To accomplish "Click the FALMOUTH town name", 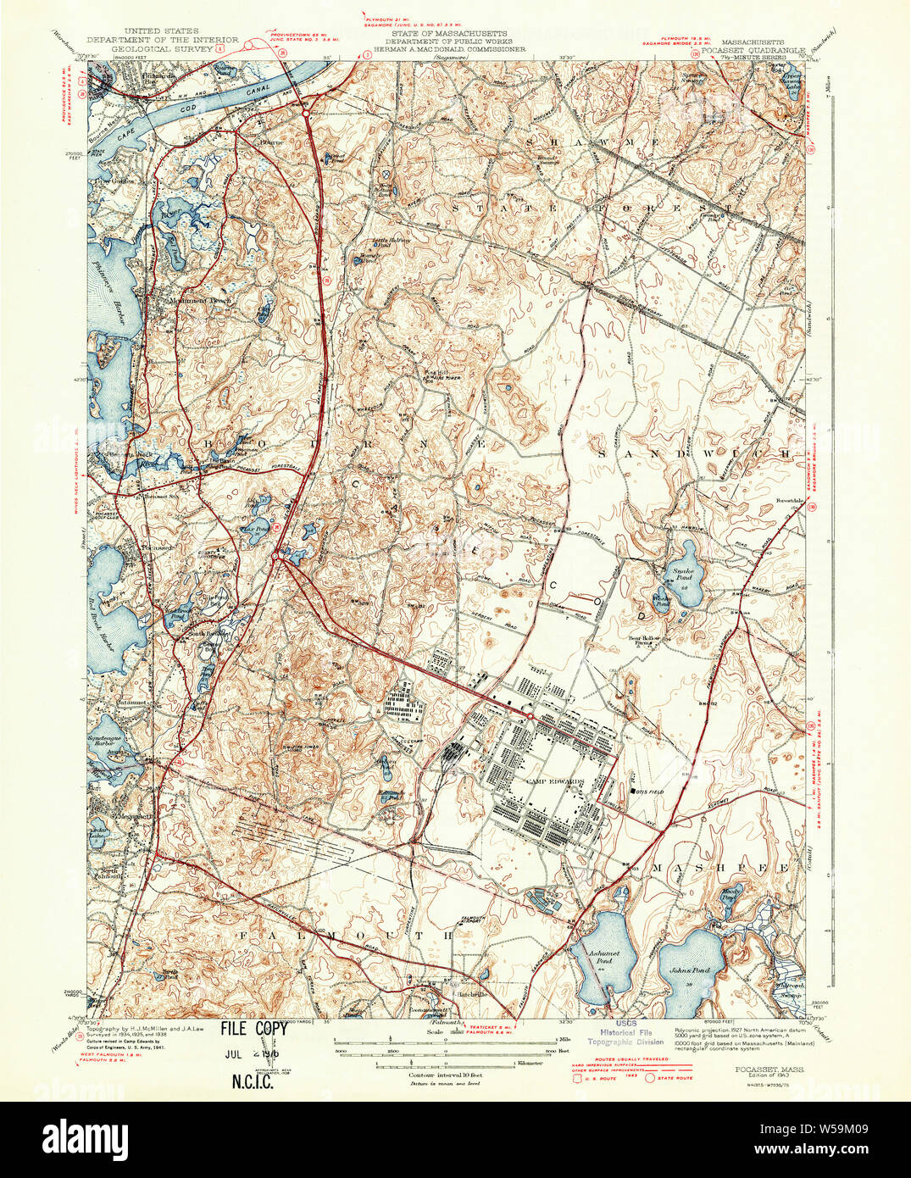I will (348, 934).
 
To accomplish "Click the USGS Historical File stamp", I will (628, 1031).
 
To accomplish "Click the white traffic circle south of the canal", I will (303, 108).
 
